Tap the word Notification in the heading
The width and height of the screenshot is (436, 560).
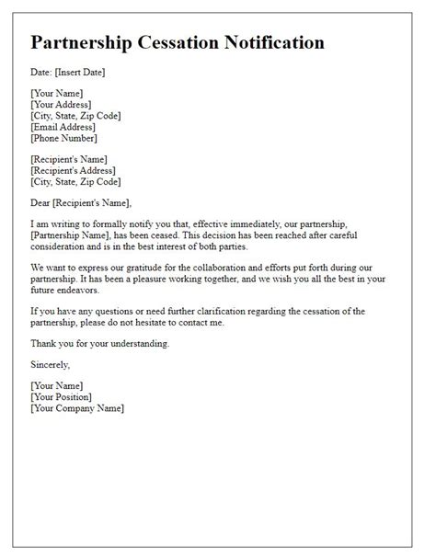[x=276, y=42]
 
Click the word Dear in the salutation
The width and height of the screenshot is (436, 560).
[x=42, y=203]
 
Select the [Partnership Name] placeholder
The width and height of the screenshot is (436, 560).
[x=75, y=236]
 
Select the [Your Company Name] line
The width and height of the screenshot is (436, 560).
[x=76, y=408]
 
